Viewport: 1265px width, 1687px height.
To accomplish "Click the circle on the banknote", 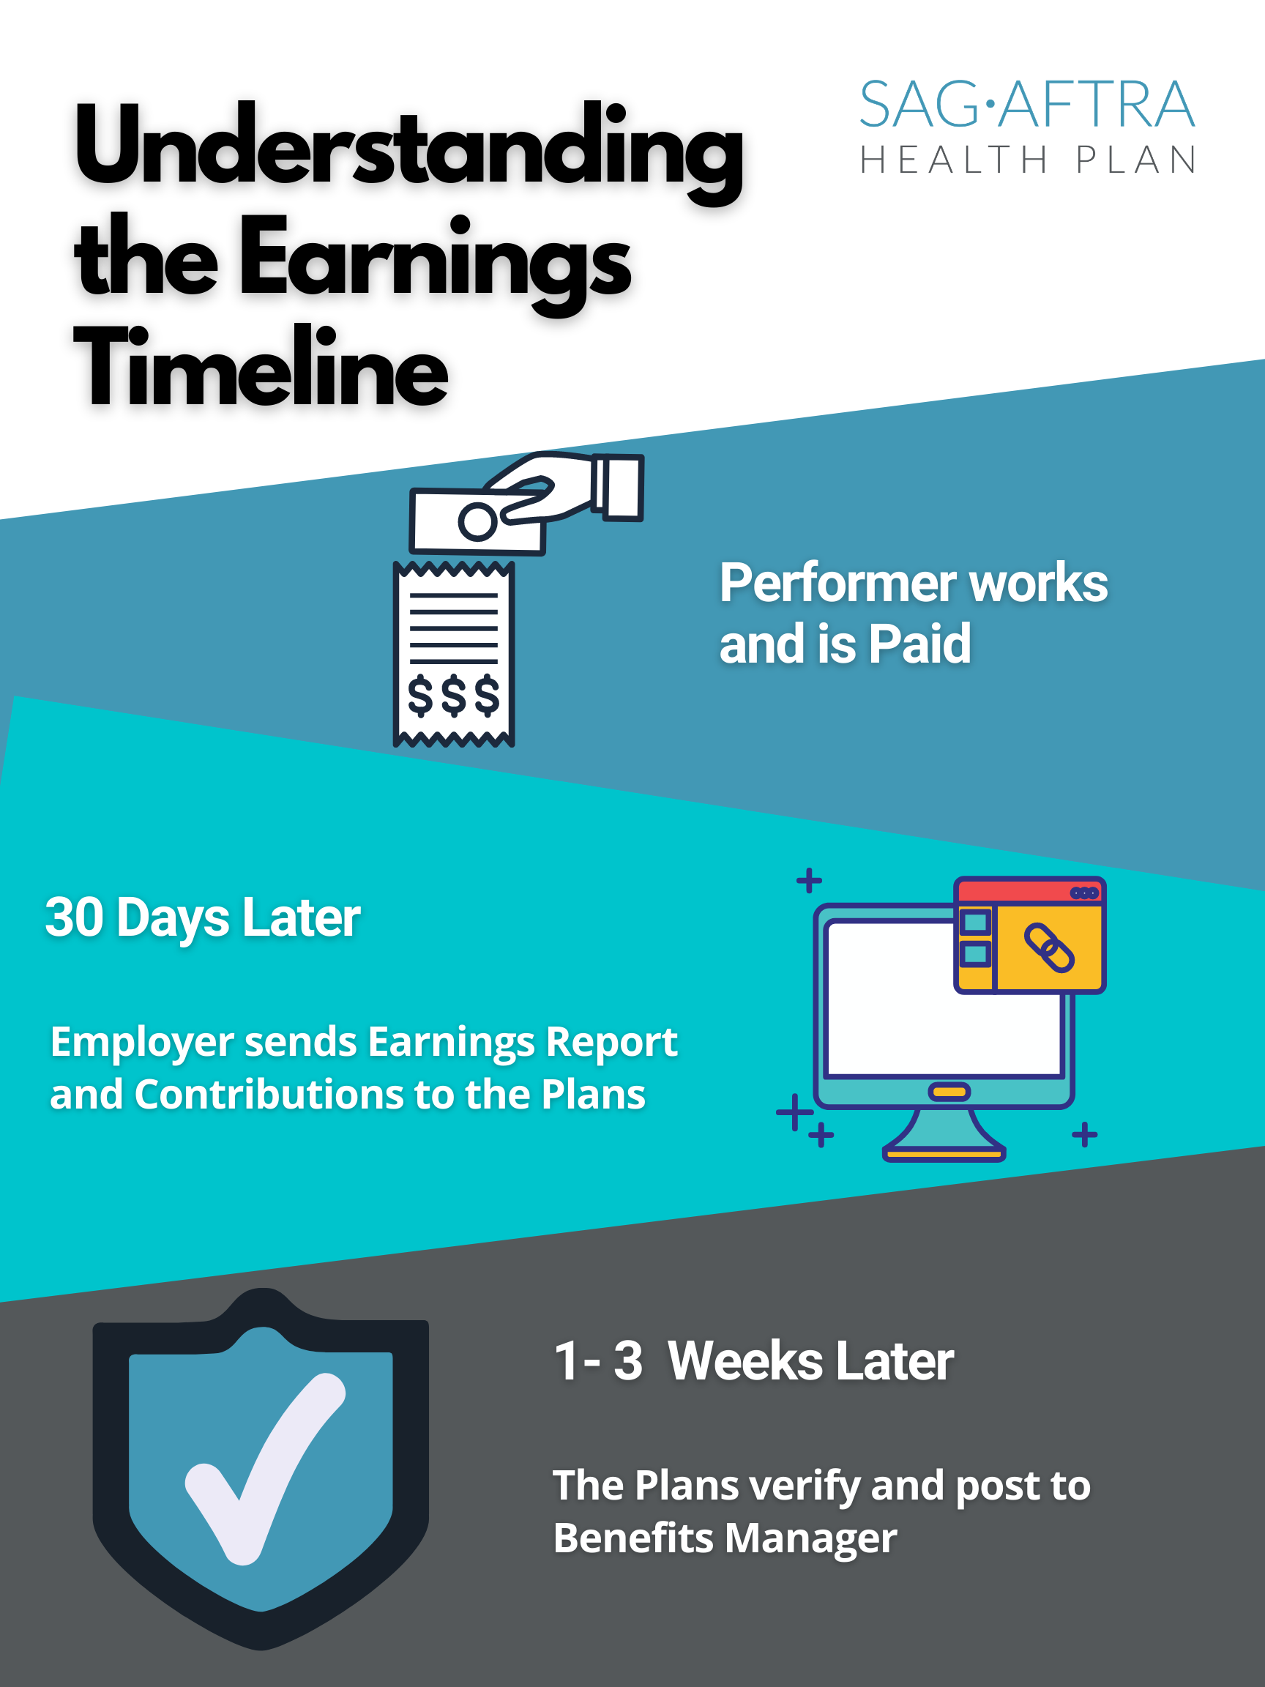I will (477, 521).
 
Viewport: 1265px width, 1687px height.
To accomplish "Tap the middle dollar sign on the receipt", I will (454, 696).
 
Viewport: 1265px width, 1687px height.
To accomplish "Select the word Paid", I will (919, 644).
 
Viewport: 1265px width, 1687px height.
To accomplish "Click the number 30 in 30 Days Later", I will (74, 917).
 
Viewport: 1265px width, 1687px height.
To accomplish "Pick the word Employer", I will (141, 1043).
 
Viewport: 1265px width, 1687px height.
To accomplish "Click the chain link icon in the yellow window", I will (1049, 947).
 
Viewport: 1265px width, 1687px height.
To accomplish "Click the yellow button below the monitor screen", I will (949, 1092).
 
